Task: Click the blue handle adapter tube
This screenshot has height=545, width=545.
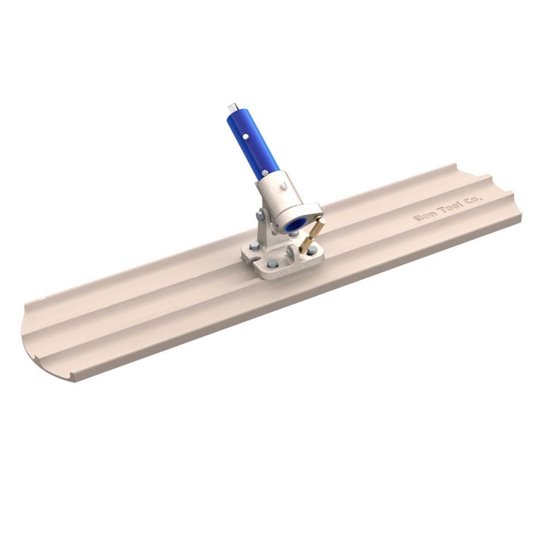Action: click(252, 143)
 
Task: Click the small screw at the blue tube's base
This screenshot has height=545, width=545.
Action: click(264, 173)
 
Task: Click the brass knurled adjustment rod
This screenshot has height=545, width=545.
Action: click(312, 235)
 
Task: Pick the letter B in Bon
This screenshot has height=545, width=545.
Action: click(417, 218)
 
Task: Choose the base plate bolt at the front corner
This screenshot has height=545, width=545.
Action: click(272, 264)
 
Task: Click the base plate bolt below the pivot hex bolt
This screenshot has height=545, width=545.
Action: click(253, 245)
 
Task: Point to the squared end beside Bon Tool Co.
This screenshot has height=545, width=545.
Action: click(501, 191)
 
